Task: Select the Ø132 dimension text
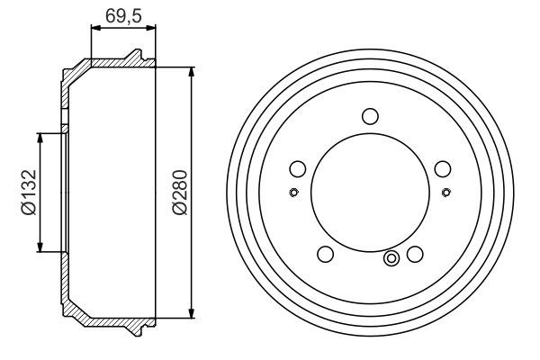point(28,193)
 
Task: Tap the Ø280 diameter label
point(179,193)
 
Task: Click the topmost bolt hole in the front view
point(369,115)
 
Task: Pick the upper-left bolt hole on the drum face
point(298,167)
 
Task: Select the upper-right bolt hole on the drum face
point(441,167)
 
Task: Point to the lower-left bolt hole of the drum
point(326,254)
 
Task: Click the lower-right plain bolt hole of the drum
point(414,254)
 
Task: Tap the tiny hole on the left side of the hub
point(292,192)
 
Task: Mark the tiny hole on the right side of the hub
point(446,192)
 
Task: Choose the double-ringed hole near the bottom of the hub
point(391,259)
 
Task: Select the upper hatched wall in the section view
point(108,65)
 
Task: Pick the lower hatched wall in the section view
point(108,320)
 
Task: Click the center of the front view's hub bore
point(369,193)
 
